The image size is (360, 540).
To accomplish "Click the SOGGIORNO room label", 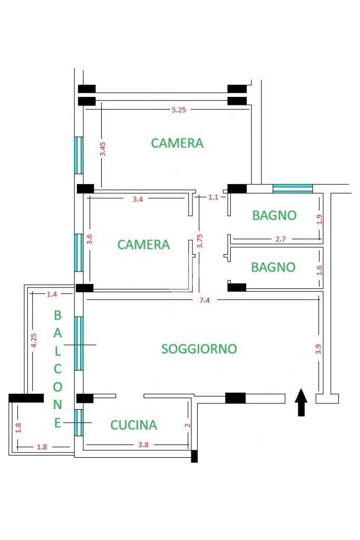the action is coord(199,349).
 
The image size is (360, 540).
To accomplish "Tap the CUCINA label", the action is coord(133,425).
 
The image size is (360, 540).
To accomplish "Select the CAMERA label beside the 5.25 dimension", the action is coord(177,143).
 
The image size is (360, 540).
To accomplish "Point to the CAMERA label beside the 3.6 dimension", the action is coord(143,245).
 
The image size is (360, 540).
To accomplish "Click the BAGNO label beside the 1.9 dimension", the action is coord(274,216).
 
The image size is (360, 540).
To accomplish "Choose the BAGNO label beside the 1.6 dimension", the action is coord(273,267).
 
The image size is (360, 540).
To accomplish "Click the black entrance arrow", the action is coord(301,402).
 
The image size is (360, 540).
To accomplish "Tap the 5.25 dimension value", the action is coord(179,110).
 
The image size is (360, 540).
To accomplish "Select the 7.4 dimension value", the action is coord(205,300).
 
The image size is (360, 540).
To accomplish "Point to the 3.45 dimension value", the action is coord(103,149).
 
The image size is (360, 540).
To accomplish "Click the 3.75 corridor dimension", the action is coord(200,241).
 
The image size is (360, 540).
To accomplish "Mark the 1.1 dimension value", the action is coord(213,197).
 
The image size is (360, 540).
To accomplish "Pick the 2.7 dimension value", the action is coord(280,239).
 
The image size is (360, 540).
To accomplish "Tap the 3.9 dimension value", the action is coord(319,349).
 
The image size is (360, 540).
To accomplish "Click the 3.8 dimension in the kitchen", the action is coord(143,445).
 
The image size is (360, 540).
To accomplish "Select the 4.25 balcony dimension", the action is coord(33,340).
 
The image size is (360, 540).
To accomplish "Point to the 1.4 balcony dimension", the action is coord(52,294).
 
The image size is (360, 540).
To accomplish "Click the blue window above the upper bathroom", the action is coord(293,189).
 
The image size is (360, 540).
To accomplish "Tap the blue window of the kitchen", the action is coord(79,422).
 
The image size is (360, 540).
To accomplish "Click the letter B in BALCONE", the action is coord(57,315).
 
